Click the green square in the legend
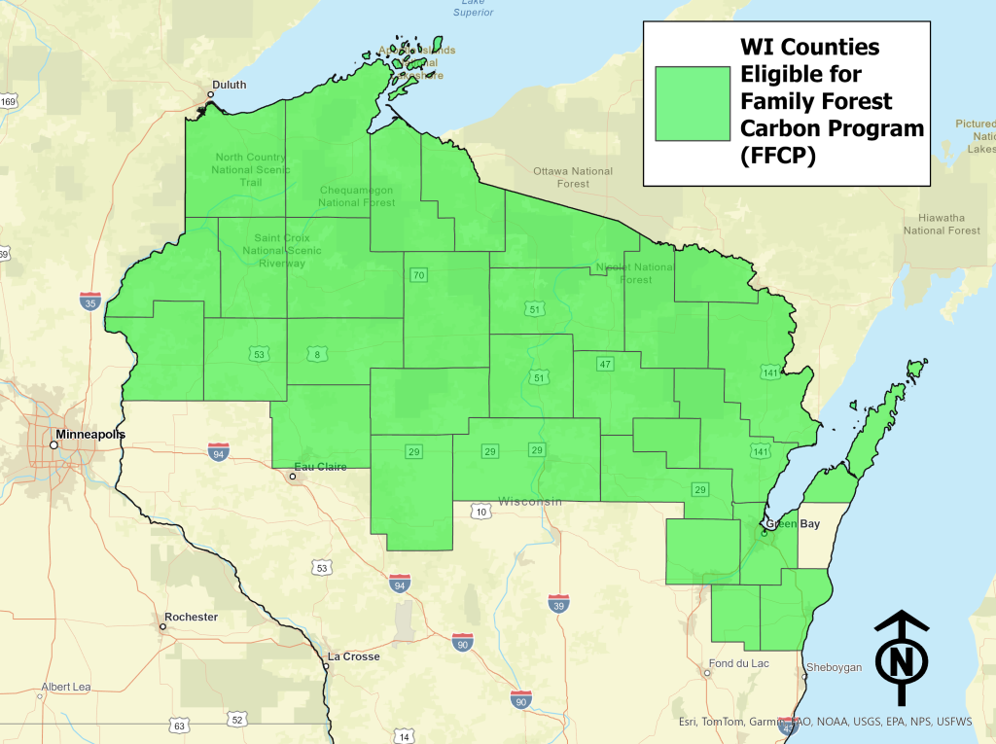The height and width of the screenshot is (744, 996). click(693, 104)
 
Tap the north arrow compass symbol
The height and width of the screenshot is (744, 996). click(902, 657)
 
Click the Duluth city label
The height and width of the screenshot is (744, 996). click(231, 86)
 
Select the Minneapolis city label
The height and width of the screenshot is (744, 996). click(90, 434)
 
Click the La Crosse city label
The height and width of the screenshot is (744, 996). click(353, 656)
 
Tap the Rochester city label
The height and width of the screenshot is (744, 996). click(191, 617)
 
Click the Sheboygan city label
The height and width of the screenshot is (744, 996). click(834, 668)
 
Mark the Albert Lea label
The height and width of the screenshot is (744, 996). click(66, 687)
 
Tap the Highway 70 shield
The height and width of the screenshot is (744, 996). click(418, 275)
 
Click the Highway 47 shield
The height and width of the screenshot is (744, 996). click(604, 364)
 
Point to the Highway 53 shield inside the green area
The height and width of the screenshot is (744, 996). click(259, 354)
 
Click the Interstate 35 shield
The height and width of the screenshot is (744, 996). click(90, 301)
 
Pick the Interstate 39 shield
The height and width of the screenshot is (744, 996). click(558, 604)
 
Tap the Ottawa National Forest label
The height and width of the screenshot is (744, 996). click(573, 177)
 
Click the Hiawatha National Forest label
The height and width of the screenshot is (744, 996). click(941, 224)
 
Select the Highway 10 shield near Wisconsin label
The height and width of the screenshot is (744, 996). click(480, 511)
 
